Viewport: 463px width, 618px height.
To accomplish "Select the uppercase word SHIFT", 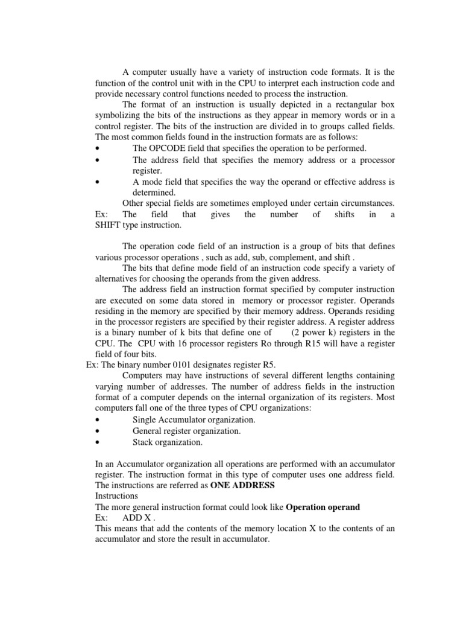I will pos(108,225).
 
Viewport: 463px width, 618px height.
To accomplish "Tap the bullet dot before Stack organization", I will pos(98,442).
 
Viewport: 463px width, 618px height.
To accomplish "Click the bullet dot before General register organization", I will pos(98,431).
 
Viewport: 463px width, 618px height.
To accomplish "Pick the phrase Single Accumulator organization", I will pos(194,419).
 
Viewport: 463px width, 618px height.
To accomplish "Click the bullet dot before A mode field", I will pos(98,181).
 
